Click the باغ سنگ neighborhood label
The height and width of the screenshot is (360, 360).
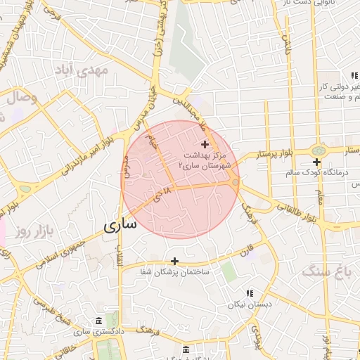click(326, 270)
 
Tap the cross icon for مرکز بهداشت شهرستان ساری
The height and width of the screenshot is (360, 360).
click(205, 143)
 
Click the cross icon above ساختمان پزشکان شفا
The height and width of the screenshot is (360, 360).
click(175, 261)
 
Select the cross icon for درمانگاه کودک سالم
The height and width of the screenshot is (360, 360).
click(317, 162)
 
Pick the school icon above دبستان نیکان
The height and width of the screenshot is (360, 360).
click(249, 293)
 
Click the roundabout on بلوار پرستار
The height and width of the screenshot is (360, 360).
click(319, 150)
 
